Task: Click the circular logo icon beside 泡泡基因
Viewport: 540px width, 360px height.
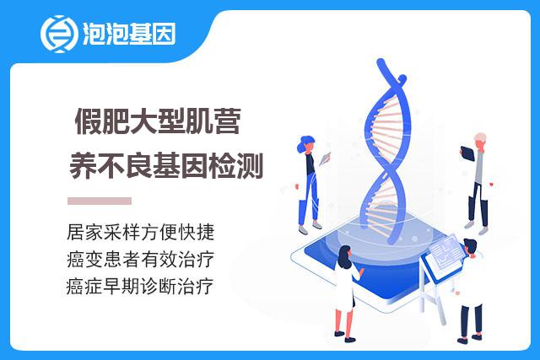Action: click(x=57, y=34)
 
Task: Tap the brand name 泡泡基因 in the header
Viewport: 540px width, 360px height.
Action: click(x=129, y=34)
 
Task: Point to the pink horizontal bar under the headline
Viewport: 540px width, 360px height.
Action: click(x=100, y=201)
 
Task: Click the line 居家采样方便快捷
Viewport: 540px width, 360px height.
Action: click(x=141, y=233)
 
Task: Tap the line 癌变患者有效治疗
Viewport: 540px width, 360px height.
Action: click(x=141, y=259)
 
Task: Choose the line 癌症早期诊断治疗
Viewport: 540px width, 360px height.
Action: click(x=140, y=286)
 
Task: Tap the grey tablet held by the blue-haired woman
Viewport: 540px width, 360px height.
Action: click(x=325, y=159)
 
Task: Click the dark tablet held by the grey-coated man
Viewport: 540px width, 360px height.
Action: click(x=467, y=153)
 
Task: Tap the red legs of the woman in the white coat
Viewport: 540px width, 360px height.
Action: click(x=344, y=323)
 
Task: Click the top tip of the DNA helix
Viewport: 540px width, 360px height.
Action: click(x=380, y=62)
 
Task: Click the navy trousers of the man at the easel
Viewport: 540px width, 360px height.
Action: click(x=471, y=320)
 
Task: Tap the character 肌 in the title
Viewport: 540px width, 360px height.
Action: click(x=199, y=121)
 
